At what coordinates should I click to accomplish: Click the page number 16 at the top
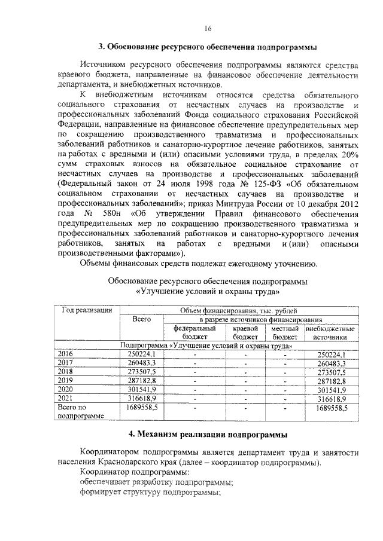tap(208, 28)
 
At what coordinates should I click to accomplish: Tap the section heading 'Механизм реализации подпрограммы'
tap(207, 432)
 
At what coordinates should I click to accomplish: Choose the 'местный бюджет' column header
tap(284, 332)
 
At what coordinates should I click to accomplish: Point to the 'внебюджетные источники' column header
tap(330, 332)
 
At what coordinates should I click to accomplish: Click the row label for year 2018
tap(65, 371)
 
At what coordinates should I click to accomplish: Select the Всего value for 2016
tap(141, 354)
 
